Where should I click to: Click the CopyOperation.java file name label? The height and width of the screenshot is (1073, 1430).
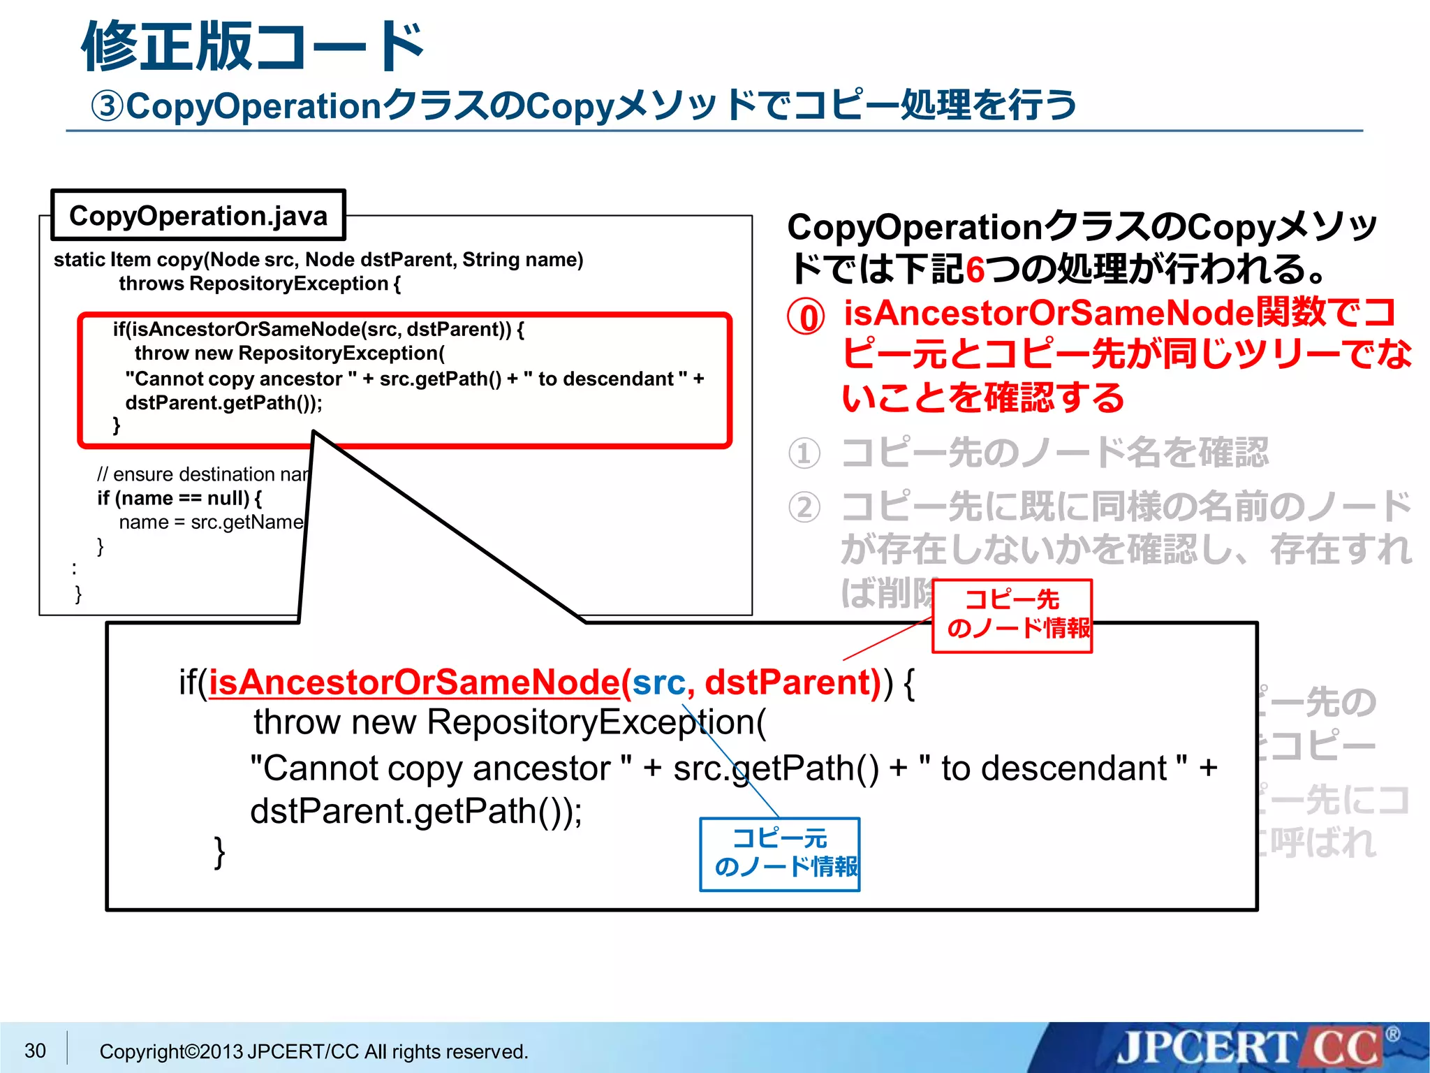pyautogui.click(x=198, y=216)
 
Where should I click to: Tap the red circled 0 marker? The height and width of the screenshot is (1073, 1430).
pyautogui.click(x=806, y=317)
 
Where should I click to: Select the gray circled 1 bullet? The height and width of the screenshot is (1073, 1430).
pyautogui.click(x=804, y=453)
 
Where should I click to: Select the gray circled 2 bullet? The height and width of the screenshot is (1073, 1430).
pyautogui.click(x=804, y=508)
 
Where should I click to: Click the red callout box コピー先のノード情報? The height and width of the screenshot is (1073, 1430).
pyautogui.click(x=1012, y=615)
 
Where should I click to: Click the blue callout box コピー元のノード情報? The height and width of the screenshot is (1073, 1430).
pyautogui.click(x=780, y=854)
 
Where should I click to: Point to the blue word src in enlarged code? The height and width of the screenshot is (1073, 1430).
pyautogui.click(x=658, y=683)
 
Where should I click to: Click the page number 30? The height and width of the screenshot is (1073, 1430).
pyautogui.click(x=35, y=1051)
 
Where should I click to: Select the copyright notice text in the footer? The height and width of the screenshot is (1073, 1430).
pyautogui.click(x=314, y=1051)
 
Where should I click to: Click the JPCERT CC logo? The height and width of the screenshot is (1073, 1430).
pyautogui.click(x=1250, y=1048)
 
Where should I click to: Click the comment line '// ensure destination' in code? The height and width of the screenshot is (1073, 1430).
pyautogui.click(x=202, y=474)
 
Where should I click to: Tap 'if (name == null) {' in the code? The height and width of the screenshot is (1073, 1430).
pyautogui.click(x=179, y=498)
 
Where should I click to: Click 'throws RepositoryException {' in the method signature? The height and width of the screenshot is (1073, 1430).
pyautogui.click(x=260, y=284)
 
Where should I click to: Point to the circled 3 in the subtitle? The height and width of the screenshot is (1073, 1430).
pyautogui.click(x=108, y=107)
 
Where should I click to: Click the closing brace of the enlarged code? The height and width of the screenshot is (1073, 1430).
pyautogui.click(x=219, y=852)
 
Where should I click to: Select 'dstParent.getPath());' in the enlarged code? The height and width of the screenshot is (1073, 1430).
pyautogui.click(x=416, y=812)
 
